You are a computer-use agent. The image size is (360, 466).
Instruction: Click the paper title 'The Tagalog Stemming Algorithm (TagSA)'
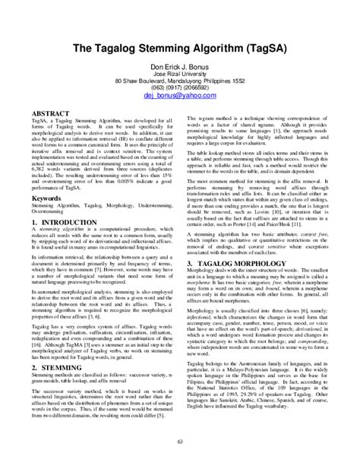click(179, 47)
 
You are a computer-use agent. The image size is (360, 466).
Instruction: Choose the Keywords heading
click(49, 177)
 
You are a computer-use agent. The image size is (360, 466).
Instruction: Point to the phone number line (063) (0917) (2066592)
click(179, 84)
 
